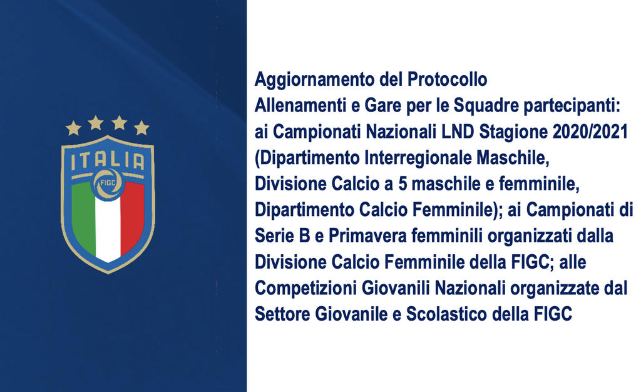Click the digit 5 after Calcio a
click(x=403, y=184)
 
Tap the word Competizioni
click(x=305, y=289)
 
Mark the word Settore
click(x=282, y=314)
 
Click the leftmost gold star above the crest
click(x=74, y=128)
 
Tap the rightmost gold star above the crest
click(x=141, y=128)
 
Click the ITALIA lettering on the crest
click(x=108, y=161)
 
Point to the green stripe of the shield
click(x=83, y=217)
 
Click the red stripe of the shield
click(x=133, y=217)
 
